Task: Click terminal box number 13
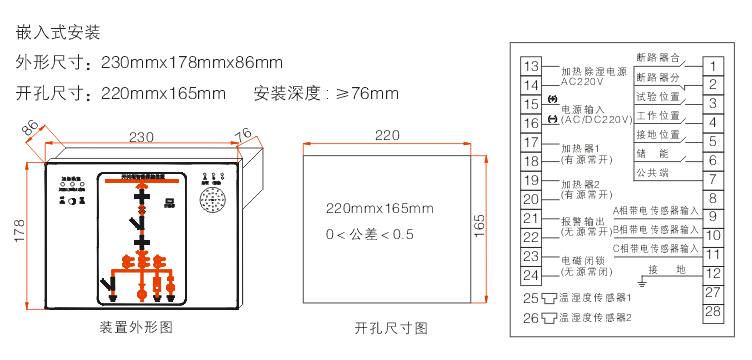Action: pyautogui.click(x=531, y=67)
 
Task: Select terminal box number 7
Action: pyautogui.click(x=712, y=181)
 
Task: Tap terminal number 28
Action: pyautogui.click(x=712, y=312)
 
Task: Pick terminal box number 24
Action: pyautogui.click(x=531, y=276)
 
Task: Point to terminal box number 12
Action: pyautogui.click(x=712, y=273)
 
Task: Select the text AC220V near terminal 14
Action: pyautogui.click(x=582, y=83)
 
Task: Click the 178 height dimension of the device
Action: pyautogui.click(x=16, y=232)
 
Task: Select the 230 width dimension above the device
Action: pyautogui.click(x=141, y=137)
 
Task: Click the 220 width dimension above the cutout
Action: pyautogui.click(x=387, y=135)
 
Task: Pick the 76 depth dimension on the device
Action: pyautogui.click(x=243, y=134)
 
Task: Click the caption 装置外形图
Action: pyautogui.click(x=137, y=328)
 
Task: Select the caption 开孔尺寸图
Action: pyautogui.click(x=391, y=328)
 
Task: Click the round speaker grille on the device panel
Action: pyautogui.click(x=214, y=201)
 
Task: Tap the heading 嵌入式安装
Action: pyautogui.click(x=59, y=32)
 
